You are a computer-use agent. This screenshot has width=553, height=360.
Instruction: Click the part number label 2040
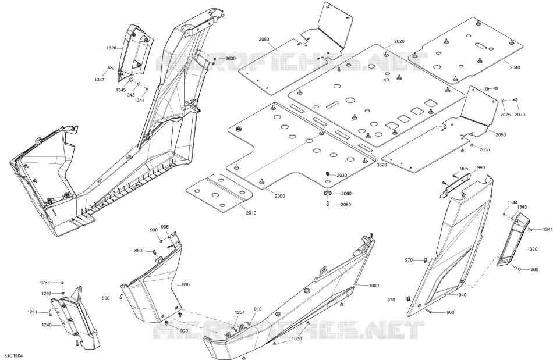pyautogui.click(x=515, y=67)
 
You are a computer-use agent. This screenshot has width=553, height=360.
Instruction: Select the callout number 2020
pyautogui.click(x=399, y=41)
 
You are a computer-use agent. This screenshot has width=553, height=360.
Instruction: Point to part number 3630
pyautogui.click(x=231, y=59)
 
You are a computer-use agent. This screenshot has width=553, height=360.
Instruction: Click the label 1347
pyautogui.click(x=100, y=80)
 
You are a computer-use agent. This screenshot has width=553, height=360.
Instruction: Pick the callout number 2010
pyautogui.click(x=251, y=213)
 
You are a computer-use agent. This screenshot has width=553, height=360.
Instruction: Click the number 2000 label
pyautogui.click(x=279, y=196)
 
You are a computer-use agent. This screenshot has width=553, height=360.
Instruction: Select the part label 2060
pyautogui.click(x=346, y=194)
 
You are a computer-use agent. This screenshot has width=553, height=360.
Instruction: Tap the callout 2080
pyautogui.click(x=346, y=204)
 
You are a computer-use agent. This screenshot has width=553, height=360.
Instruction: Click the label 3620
pyautogui.click(x=382, y=165)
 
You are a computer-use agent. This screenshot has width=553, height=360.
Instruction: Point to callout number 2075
pyautogui.click(x=505, y=115)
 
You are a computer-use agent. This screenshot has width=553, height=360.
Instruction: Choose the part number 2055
pyautogui.click(x=484, y=149)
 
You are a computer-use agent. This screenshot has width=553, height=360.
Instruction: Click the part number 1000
pyautogui.click(x=374, y=286)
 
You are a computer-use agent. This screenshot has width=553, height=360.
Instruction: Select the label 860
pyautogui.click(x=186, y=284)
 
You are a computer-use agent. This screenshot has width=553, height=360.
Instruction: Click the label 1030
pyautogui.click(x=297, y=338)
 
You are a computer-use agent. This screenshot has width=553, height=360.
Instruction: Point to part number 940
pyautogui.click(x=462, y=295)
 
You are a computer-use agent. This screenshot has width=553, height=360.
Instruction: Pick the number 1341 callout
pyautogui.click(x=548, y=230)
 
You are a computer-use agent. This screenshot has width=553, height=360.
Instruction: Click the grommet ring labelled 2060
pyautogui.click(x=328, y=193)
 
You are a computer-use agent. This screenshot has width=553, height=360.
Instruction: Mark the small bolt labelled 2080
pyautogui.click(x=328, y=205)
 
